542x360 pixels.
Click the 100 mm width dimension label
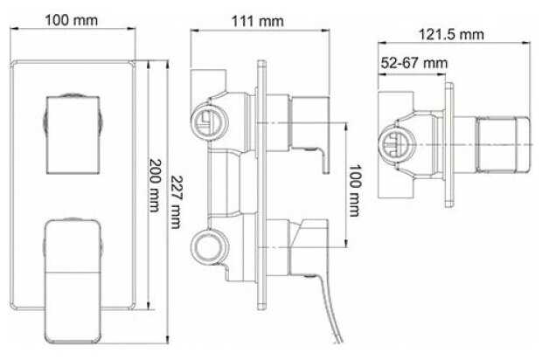point(71,20)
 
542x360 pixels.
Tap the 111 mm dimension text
point(258,22)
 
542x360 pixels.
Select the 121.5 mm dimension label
point(451,35)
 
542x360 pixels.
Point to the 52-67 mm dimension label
point(414,63)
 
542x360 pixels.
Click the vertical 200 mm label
point(155,185)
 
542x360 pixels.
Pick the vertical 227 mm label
point(177,202)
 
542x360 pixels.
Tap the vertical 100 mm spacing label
point(354,190)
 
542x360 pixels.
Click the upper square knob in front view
point(73,134)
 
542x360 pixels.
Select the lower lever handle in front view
point(73,281)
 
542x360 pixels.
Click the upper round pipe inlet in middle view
point(207,122)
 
